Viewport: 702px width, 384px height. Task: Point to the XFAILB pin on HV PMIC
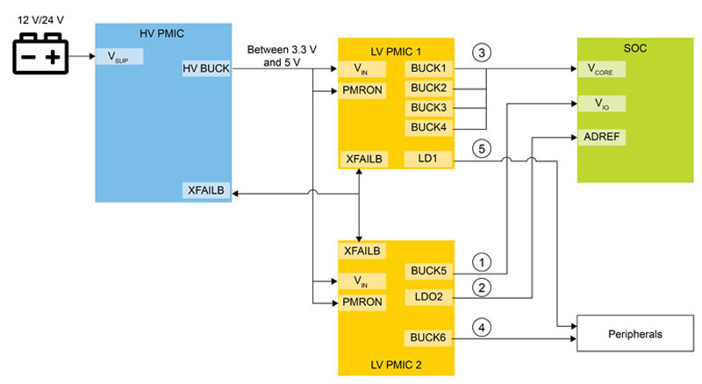click(x=206, y=190)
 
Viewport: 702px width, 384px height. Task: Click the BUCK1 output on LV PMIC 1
click(x=429, y=68)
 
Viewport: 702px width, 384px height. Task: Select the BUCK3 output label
click(x=429, y=108)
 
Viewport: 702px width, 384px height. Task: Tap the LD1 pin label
click(x=429, y=159)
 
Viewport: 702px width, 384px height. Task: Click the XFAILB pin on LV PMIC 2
click(x=362, y=252)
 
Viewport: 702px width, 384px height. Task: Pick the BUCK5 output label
click(x=429, y=271)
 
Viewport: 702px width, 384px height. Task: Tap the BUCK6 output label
click(x=429, y=338)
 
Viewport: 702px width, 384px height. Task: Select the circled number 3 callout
click(x=480, y=52)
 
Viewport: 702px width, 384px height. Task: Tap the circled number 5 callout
click(x=480, y=148)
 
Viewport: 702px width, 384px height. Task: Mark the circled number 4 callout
click(x=480, y=328)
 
